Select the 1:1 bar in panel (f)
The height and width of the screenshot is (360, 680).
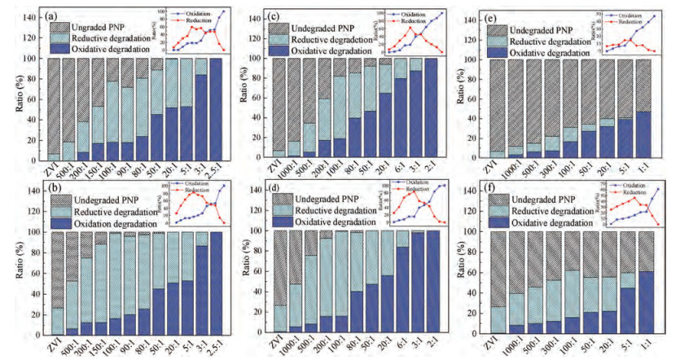coord(645,282)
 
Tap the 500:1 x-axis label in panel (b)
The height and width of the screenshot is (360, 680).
coord(67,344)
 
